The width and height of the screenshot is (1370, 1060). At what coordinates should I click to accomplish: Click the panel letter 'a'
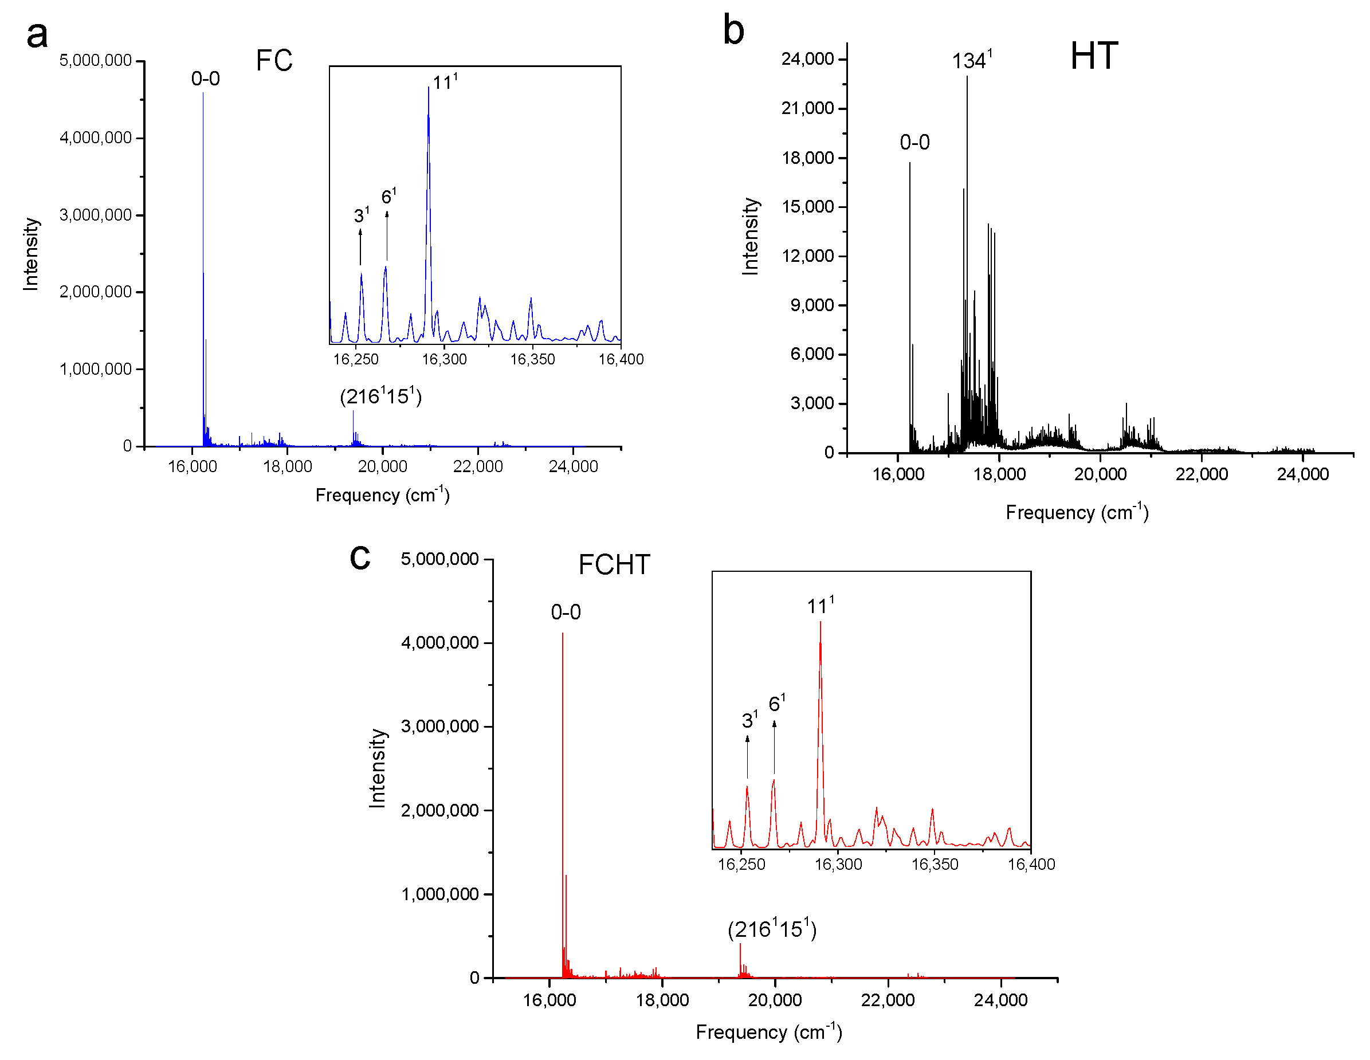(x=37, y=36)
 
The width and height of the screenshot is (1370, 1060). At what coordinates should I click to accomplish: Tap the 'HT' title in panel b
(x=1093, y=57)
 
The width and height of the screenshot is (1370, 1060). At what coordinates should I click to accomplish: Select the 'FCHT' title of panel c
(x=614, y=565)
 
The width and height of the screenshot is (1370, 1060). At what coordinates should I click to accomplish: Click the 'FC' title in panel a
(x=274, y=61)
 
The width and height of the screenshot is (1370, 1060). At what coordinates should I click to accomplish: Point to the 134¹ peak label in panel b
(x=971, y=61)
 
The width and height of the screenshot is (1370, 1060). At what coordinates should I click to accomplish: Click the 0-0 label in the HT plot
(x=914, y=142)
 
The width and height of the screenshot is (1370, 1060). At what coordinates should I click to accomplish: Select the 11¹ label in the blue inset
(x=445, y=82)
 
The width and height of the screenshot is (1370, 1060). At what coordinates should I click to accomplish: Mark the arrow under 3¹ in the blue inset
(x=360, y=246)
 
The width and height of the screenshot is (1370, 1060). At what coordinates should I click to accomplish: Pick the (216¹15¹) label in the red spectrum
(x=772, y=929)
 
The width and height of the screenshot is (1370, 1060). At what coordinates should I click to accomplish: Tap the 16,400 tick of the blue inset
(x=621, y=359)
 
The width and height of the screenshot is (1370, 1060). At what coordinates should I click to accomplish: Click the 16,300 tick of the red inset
(x=838, y=864)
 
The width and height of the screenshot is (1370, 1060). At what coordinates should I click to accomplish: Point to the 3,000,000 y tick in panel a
(x=95, y=215)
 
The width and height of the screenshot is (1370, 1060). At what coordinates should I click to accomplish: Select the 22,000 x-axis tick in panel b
(x=1202, y=474)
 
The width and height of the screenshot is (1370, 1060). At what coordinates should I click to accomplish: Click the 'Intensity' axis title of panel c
(x=377, y=768)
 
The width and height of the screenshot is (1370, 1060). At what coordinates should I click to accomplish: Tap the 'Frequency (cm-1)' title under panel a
(x=382, y=495)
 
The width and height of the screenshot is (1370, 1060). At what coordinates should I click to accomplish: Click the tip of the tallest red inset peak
(x=820, y=622)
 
